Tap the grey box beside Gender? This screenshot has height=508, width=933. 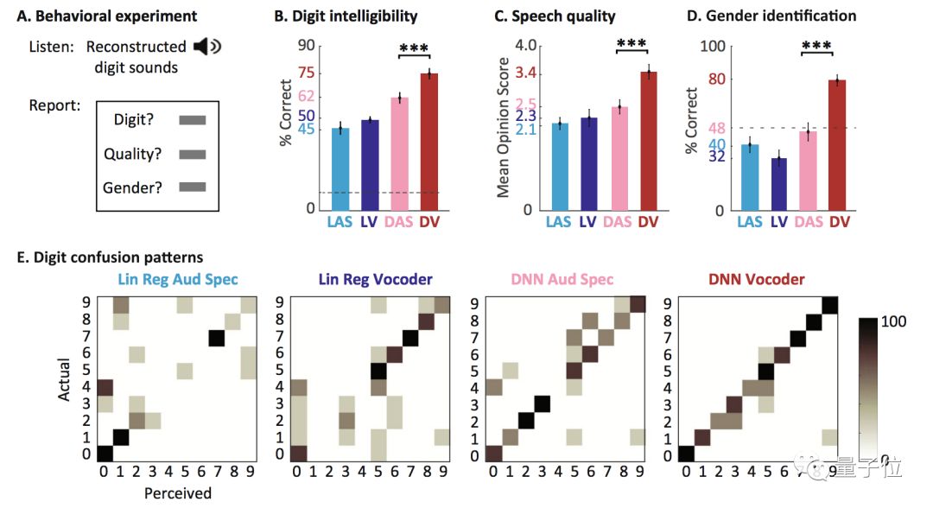193,187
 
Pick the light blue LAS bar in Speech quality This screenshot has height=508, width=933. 560,166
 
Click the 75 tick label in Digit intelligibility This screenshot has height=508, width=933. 306,73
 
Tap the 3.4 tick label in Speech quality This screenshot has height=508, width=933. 525,73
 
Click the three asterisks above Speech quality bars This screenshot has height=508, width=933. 631,44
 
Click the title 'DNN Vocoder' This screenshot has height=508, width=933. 756,279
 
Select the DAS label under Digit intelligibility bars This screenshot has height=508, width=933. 399,222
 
